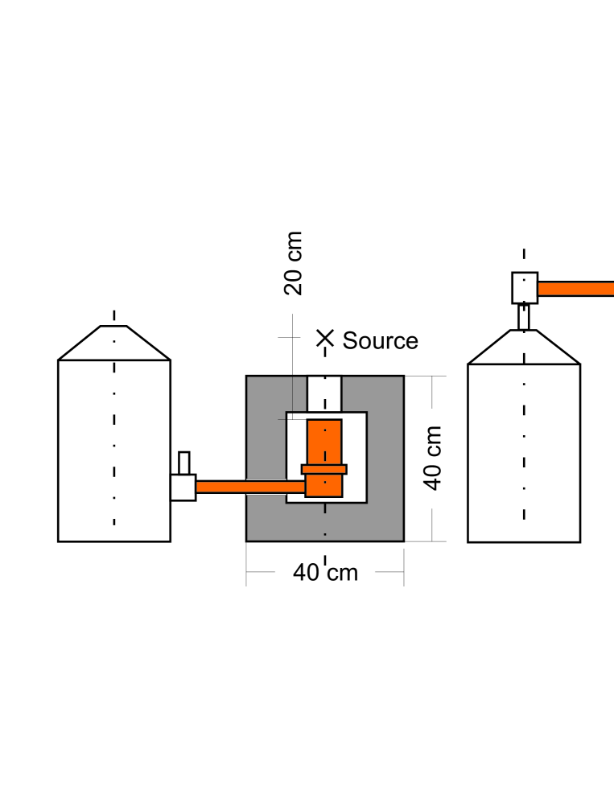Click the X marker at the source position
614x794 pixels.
(x=324, y=338)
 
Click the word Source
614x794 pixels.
(x=380, y=340)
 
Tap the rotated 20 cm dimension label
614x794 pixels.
(x=295, y=263)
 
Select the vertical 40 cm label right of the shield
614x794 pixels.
(x=433, y=458)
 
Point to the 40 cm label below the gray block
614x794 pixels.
(x=325, y=573)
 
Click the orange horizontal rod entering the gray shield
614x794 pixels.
(x=249, y=487)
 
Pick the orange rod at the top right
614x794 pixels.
(x=575, y=289)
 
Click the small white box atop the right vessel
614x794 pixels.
(x=525, y=287)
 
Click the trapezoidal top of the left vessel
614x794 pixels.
(x=113, y=344)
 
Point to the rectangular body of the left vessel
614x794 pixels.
(x=113, y=450)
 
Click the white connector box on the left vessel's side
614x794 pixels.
(x=183, y=488)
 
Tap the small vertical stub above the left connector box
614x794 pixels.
(x=183, y=463)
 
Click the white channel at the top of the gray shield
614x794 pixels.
(x=325, y=394)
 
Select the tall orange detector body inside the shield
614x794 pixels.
(x=324, y=442)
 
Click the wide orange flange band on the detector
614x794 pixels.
(x=324, y=469)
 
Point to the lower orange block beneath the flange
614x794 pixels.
(x=324, y=486)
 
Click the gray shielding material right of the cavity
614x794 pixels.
(x=385, y=459)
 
